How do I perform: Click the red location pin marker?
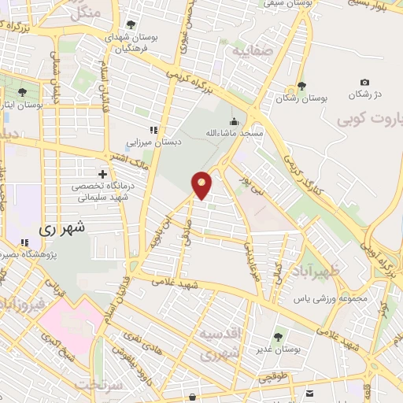click(x=201, y=184)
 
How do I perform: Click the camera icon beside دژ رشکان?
click(x=364, y=83)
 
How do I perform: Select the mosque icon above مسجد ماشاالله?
click(x=234, y=121)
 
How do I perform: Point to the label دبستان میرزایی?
click(x=155, y=143)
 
